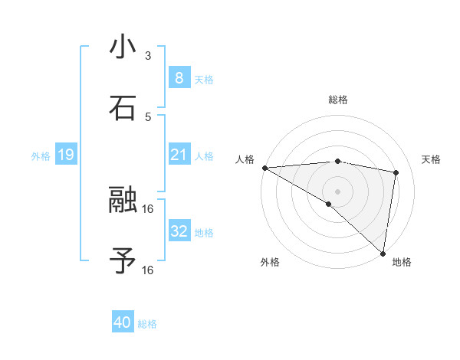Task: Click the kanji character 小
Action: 123,47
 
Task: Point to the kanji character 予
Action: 123,260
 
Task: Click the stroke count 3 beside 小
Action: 148,56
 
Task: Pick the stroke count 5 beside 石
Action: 148,116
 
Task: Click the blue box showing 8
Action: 179,78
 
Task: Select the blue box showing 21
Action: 179,155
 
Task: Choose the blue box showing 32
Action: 179,231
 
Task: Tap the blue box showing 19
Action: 66,155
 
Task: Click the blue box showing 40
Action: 122,322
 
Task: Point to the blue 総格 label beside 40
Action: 147,324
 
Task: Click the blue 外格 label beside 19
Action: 41,156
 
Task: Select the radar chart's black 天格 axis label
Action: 431,159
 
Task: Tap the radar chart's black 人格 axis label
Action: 245,159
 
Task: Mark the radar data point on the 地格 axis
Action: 383,253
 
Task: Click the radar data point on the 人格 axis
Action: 264,168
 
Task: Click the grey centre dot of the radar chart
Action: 337,191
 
